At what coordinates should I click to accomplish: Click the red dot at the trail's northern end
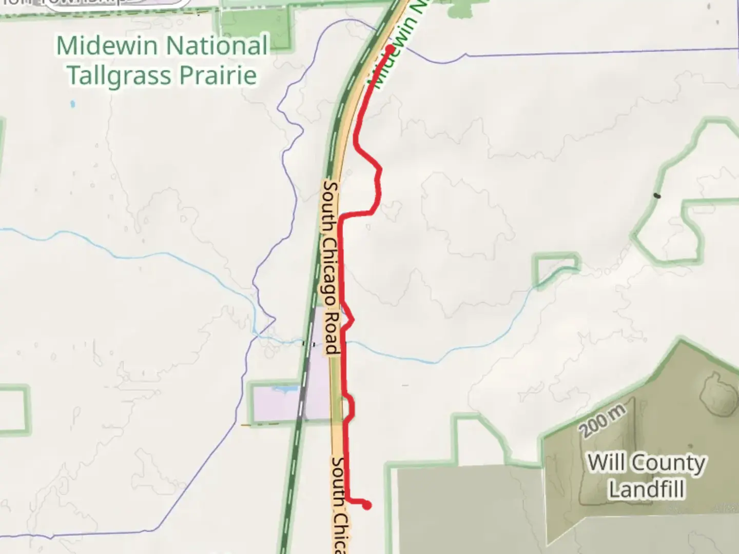tap(390, 49)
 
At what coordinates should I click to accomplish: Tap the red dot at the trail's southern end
tap(367, 506)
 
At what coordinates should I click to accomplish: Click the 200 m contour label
tap(604, 421)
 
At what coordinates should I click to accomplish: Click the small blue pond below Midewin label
tap(72, 104)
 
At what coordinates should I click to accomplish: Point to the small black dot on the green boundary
tap(657, 195)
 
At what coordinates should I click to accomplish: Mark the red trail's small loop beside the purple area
tap(351, 407)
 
